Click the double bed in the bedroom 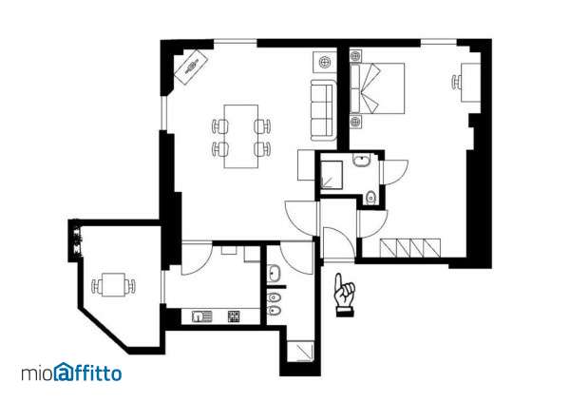click(380, 87)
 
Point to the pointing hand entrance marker click(341, 294)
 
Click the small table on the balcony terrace click(113, 284)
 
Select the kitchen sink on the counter click(200, 316)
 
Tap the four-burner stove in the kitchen click(232, 316)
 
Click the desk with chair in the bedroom click(469, 82)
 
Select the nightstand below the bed click(357, 120)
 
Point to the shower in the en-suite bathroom click(333, 173)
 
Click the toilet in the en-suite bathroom click(369, 198)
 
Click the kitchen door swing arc click(198, 260)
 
